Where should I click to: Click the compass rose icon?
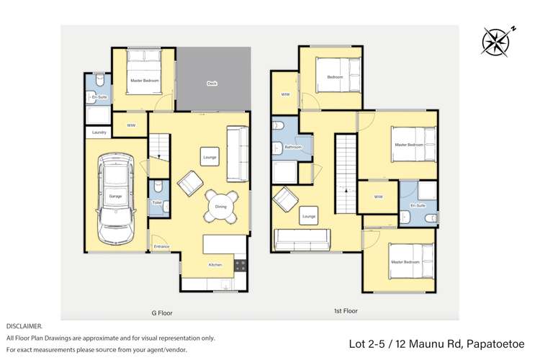click(x=496, y=40)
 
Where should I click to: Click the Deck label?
click(x=212, y=84)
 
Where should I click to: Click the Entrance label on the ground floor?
click(x=161, y=247)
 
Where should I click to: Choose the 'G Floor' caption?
click(x=162, y=313)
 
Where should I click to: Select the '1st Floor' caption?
click(x=346, y=311)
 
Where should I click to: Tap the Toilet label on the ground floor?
click(x=157, y=202)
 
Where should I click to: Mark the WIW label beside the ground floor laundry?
click(x=131, y=125)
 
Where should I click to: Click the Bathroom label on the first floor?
click(x=293, y=147)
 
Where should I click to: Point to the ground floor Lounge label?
click(x=209, y=157)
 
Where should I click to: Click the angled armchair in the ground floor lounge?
click(x=190, y=183)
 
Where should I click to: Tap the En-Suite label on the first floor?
click(x=418, y=206)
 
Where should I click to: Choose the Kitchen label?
click(x=215, y=265)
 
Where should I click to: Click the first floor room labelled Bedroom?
click(x=335, y=77)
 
